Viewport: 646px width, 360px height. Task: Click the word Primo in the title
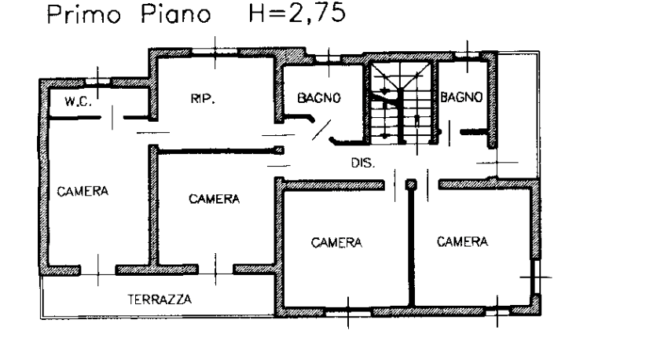(77, 16)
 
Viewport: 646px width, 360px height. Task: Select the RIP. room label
(203, 99)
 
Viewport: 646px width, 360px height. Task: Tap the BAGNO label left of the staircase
(319, 98)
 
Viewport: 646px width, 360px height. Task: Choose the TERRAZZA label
(160, 299)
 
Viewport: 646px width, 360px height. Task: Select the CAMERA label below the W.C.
(82, 192)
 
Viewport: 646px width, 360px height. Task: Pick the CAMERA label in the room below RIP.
(214, 200)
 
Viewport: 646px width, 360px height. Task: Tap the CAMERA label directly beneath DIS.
(337, 242)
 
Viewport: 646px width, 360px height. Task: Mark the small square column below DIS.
(409, 186)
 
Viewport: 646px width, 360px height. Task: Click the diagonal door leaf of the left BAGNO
(322, 128)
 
